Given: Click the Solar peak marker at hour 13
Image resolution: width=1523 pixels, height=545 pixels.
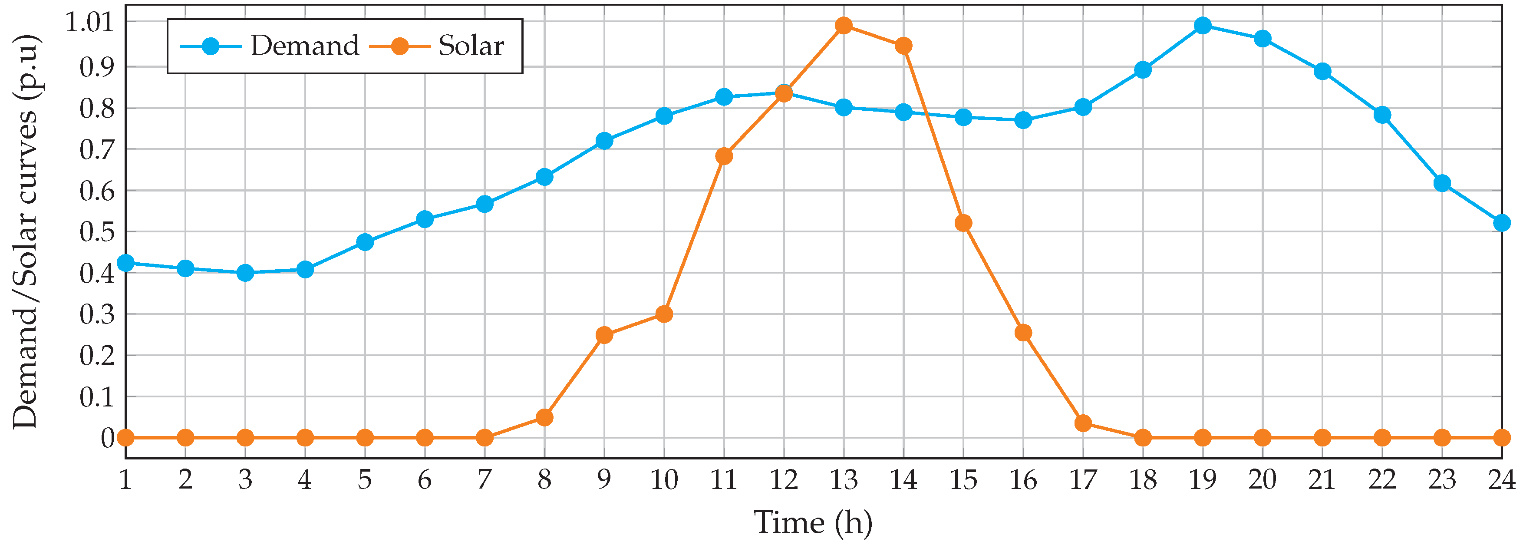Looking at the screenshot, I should click(x=844, y=26).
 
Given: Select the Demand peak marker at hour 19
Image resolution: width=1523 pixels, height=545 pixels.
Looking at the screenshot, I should click(x=1203, y=26).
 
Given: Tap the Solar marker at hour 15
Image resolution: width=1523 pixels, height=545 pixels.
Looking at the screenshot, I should click(x=963, y=223).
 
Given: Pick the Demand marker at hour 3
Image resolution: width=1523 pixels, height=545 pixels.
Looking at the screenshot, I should click(x=245, y=273).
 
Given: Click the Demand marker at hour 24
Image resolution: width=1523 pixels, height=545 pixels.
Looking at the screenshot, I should click(x=1502, y=223).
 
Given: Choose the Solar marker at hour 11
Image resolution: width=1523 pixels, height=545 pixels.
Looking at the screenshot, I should click(x=724, y=156).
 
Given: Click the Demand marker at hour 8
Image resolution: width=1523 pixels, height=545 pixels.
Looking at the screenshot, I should click(x=544, y=177).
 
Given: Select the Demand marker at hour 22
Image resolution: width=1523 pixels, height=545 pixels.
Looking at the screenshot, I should click(x=1382, y=115).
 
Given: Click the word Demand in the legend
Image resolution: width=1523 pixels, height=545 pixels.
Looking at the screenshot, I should click(x=304, y=46).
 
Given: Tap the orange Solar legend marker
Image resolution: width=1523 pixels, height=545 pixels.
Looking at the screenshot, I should click(x=400, y=46).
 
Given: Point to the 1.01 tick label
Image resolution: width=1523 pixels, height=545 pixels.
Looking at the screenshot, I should click(x=89, y=23).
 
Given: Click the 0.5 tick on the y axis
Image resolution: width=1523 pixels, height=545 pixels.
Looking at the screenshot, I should click(x=97, y=232).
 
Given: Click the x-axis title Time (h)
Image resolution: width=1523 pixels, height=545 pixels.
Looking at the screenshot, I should click(x=813, y=522).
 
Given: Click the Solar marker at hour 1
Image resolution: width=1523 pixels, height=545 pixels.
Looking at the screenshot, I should click(x=126, y=438).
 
